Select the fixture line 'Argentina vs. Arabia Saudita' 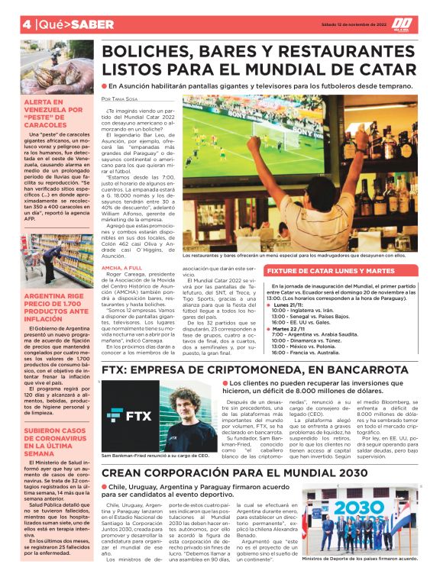(330, 313)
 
